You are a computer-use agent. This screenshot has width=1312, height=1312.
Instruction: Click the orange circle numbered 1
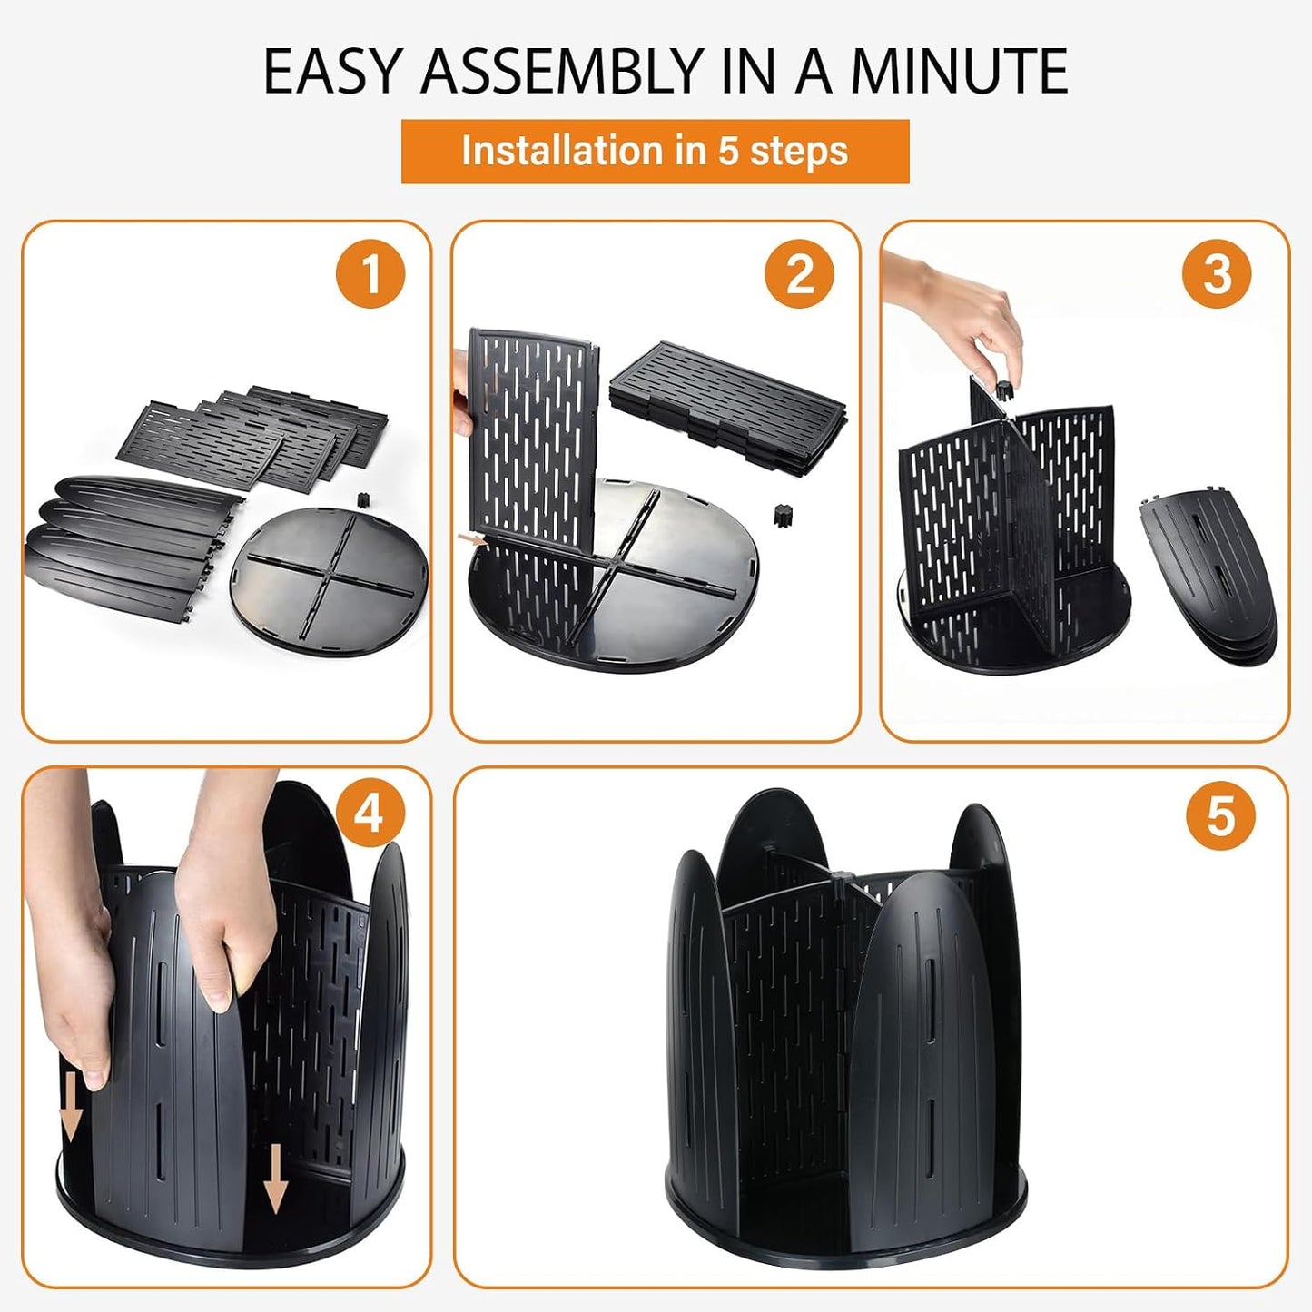tap(370, 275)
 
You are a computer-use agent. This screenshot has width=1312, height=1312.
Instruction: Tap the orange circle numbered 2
tap(799, 275)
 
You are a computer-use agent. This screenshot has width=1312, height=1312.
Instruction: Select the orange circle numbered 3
tap(1217, 275)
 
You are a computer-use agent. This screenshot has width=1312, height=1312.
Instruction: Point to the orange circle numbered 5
tap(1221, 814)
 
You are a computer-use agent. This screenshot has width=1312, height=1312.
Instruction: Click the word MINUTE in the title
tap(959, 71)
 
